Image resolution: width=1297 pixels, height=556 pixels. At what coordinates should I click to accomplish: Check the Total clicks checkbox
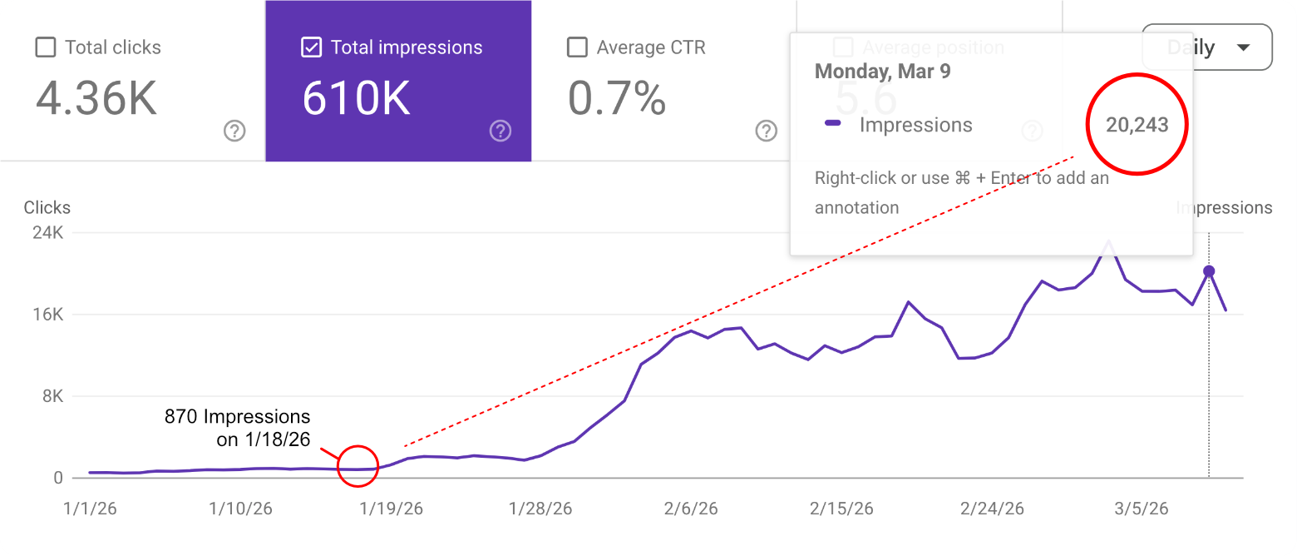coord(46,47)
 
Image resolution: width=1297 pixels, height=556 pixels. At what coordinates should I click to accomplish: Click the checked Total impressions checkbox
coord(311,47)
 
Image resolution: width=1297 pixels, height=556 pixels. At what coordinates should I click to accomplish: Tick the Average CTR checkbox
coord(577,47)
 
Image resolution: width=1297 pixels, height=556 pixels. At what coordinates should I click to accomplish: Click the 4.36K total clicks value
coord(96,98)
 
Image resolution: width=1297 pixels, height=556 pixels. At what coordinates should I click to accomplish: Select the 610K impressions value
coord(356,98)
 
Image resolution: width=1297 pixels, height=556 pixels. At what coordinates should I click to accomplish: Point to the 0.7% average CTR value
coord(617,98)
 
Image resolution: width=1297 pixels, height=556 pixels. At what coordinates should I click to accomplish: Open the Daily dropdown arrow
coord(1243,47)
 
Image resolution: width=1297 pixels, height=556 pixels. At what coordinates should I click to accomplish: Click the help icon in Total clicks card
coord(234,131)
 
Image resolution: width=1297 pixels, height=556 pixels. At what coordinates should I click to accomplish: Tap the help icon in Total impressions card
coord(500,131)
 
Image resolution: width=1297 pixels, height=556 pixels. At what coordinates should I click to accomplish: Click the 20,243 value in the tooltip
coord(1137,126)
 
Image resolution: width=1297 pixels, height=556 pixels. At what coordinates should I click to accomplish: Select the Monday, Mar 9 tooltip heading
coord(882,71)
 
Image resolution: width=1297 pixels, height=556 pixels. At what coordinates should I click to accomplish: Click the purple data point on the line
coord(1209,271)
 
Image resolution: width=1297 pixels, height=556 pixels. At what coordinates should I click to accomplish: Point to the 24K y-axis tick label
coord(47,233)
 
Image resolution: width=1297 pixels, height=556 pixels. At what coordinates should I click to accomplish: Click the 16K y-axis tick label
coord(47,315)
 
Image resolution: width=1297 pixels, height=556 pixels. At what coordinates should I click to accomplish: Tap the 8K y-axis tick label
coord(52,396)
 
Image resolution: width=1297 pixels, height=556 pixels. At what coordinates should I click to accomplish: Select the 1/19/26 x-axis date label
coord(391,509)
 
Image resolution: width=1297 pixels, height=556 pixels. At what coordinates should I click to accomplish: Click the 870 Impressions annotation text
coord(238,428)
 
